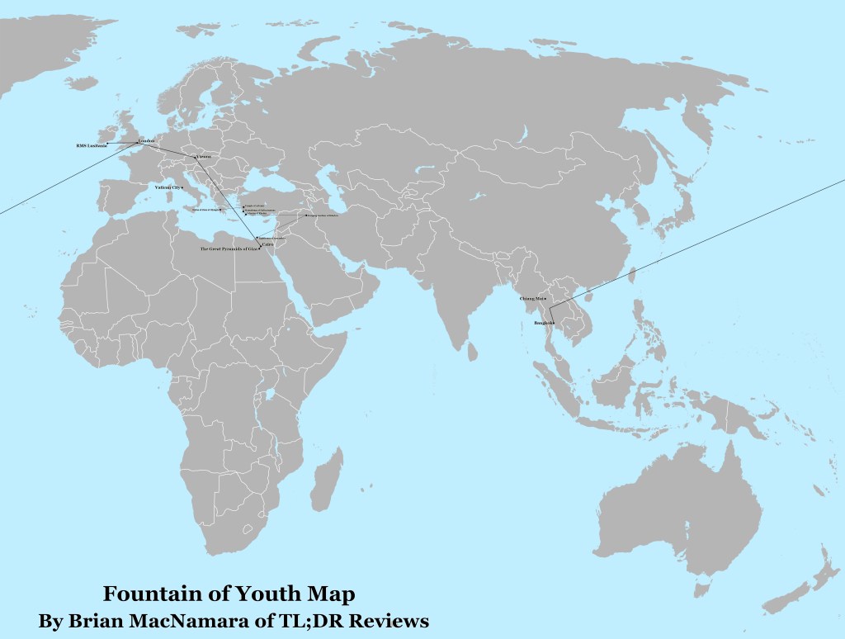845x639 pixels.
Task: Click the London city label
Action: (x=145, y=140)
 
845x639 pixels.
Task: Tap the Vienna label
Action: (x=203, y=156)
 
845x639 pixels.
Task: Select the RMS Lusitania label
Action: (x=92, y=146)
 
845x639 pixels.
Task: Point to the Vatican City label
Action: (x=168, y=187)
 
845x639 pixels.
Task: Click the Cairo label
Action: (x=267, y=244)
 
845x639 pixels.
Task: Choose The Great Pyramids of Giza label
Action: (x=229, y=248)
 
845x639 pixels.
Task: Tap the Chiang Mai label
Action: (x=531, y=298)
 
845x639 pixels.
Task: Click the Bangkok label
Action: (x=543, y=323)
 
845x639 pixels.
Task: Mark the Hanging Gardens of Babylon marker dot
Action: (x=307, y=215)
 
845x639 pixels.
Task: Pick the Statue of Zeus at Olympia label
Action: (x=206, y=209)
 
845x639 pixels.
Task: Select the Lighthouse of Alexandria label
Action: (x=271, y=238)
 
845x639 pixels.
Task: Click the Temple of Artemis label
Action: (x=255, y=206)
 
